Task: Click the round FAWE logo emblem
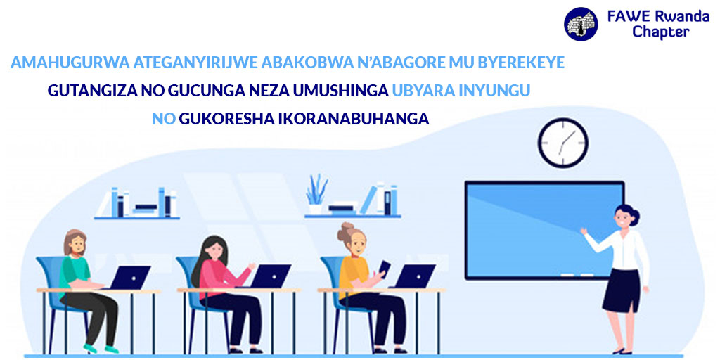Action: [581, 24]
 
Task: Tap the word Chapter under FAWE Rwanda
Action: [661, 32]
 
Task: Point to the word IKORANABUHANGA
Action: [354, 118]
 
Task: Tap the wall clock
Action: [563, 142]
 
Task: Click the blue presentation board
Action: [544, 230]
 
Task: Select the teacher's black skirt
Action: [622, 290]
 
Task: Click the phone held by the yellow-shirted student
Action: [384, 268]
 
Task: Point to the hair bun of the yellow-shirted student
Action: [345, 232]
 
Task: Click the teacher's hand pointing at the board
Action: [584, 231]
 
